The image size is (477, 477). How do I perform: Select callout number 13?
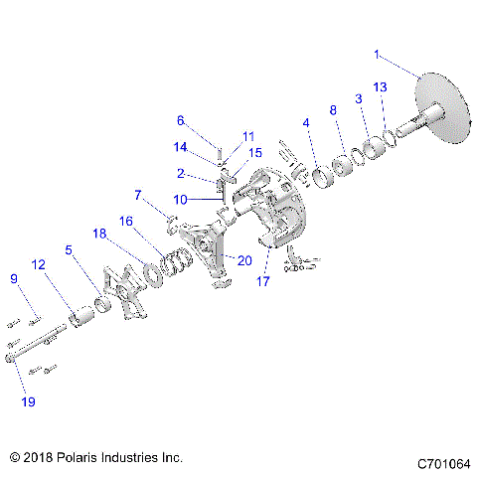tap(380, 89)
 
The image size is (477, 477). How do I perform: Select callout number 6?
tap(181, 120)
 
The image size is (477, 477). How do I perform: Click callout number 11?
tap(248, 135)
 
